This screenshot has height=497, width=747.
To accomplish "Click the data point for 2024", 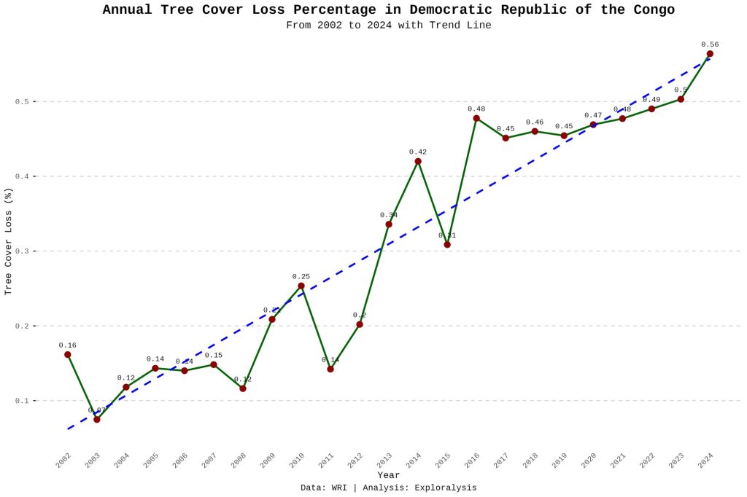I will tap(710, 54).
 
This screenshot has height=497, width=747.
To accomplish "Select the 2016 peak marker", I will tap(476, 118).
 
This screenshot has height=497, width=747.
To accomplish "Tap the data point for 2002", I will tap(67, 355).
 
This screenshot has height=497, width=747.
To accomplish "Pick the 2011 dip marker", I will tap(330, 369).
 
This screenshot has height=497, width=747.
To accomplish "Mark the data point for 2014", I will tap(418, 161).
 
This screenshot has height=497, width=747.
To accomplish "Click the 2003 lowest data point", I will tap(96, 420).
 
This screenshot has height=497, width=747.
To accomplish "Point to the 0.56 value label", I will tap(710, 44).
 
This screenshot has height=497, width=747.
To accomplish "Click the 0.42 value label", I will tap(418, 152).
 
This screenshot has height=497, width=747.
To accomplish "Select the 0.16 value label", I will tap(67, 345).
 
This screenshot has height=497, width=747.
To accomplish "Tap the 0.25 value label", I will tap(301, 277).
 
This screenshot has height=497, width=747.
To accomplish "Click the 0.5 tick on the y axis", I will tap(20, 101).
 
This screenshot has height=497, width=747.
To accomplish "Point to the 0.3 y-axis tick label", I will tap(20, 251).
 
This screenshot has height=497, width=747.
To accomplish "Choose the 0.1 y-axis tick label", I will tap(20, 401).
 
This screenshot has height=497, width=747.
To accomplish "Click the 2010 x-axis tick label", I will tap(296, 461).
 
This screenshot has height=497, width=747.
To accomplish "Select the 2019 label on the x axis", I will tap(559, 461).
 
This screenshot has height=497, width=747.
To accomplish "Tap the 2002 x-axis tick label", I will tap(63, 461).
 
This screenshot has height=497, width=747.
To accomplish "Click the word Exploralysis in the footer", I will tap(445, 488).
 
